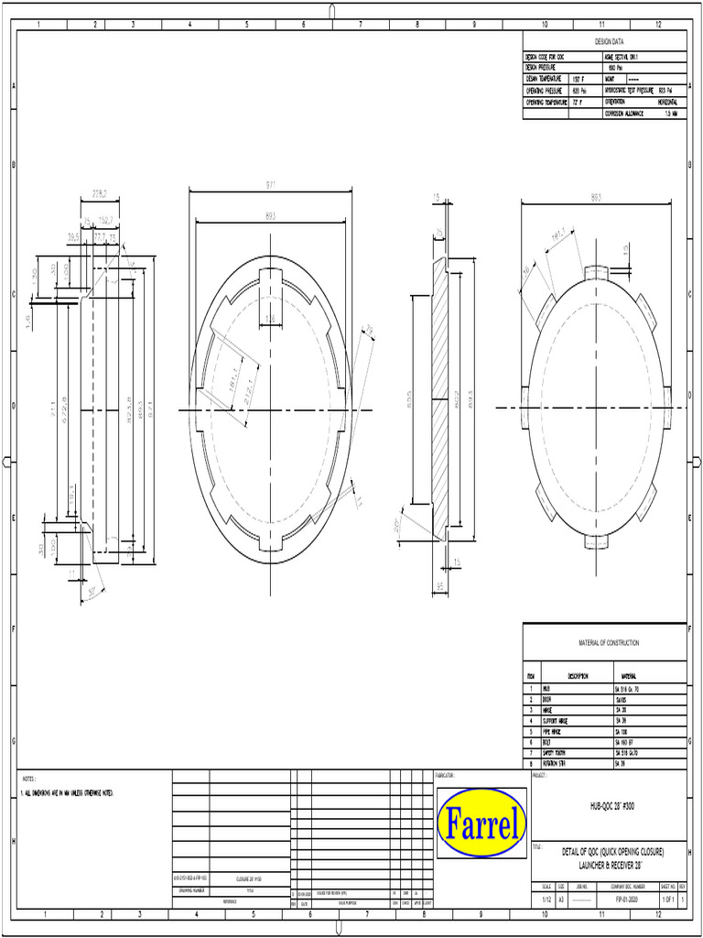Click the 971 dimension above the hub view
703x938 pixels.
pyautogui.click(x=271, y=186)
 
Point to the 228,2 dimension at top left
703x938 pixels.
pyautogui.click(x=100, y=193)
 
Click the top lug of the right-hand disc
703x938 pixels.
pyautogui.click(x=596, y=271)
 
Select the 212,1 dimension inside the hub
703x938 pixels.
pyautogui.click(x=243, y=378)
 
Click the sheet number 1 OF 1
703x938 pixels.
pyautogui.click(x=667, y=900)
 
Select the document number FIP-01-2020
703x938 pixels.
pyautogui.click(x=626, y=900)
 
